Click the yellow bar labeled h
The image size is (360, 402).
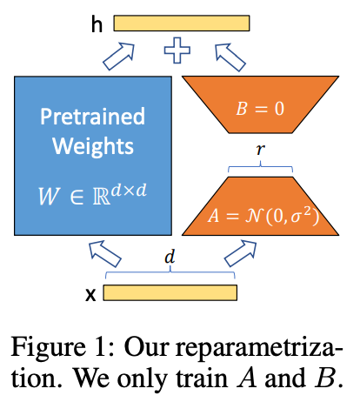tap(181, 23)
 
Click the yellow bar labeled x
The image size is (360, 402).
tap(170, 292)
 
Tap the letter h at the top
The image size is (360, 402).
tap(97, 24)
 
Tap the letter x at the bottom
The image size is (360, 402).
tap(90, 293)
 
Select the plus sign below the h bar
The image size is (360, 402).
tap(178, 51)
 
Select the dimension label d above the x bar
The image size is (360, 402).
tap(170, 258)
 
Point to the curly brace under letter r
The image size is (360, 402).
tap(261, 166)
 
